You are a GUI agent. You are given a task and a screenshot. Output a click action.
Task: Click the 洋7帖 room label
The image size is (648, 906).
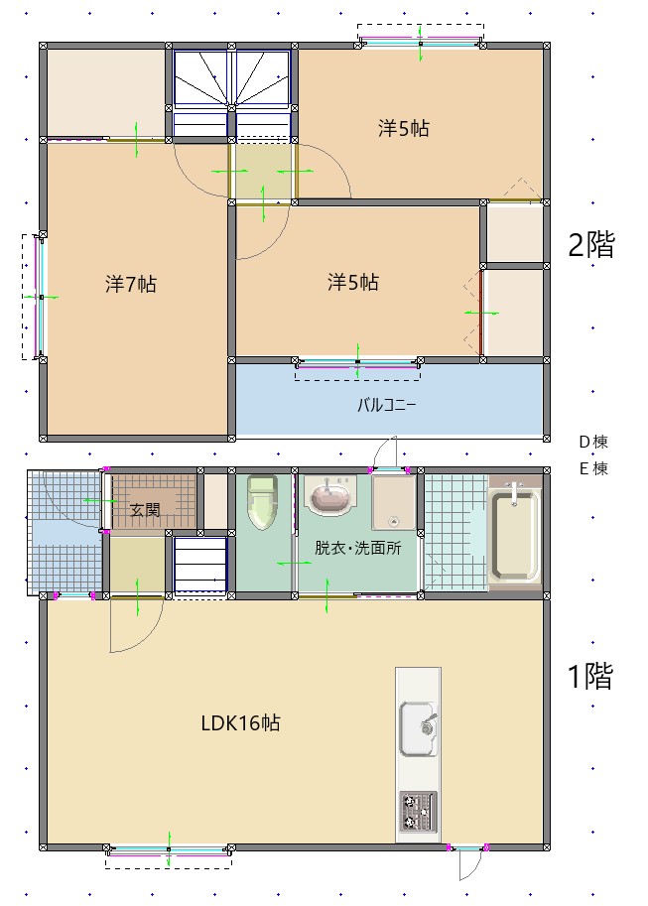tap(131, 284)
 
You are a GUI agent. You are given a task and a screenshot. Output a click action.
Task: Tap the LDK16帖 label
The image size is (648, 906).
tap(240, 723)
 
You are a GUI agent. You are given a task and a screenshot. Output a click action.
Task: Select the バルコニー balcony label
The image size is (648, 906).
tap(387, 405)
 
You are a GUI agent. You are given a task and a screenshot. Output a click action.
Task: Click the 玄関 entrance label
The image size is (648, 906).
tap(145, 510)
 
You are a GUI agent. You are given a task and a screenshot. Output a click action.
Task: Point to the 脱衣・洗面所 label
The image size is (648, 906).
tap(357, 548)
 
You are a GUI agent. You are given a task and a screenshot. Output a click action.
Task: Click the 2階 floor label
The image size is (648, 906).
tap(591, 244)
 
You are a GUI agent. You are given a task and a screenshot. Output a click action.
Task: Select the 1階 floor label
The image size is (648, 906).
tap(589, 677)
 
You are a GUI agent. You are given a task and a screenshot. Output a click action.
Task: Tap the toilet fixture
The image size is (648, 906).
tap(261, 502)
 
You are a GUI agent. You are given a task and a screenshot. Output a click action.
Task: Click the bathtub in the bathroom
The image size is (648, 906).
tap(514, 534)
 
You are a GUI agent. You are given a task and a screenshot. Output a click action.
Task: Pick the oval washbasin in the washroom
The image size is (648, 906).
tap(328, 495)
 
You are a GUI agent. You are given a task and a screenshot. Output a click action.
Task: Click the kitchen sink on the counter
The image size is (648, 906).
tap(418, 730)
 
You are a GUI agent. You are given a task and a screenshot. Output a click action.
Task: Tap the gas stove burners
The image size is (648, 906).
tap(418, 812)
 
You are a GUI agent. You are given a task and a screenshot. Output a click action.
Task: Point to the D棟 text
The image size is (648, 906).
tap(593, 442)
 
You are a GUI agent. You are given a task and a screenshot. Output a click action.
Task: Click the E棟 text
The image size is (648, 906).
tap(593, 468)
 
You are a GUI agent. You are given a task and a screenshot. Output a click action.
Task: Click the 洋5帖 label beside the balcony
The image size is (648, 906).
tap(353, 283)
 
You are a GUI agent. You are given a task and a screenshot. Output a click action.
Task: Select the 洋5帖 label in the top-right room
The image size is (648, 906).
tap(403, 128)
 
